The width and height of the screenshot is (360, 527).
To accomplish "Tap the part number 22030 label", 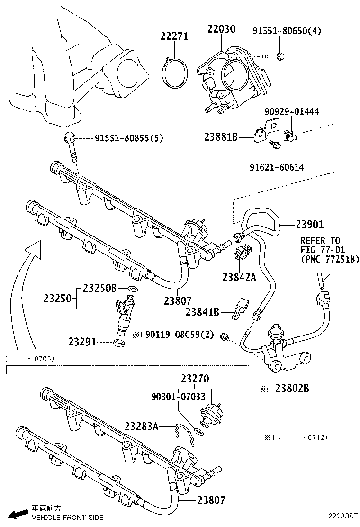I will pos(221,29).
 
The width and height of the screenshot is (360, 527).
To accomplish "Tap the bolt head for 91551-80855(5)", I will pos(70,138).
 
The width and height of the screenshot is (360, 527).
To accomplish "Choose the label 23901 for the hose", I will pos(310,224).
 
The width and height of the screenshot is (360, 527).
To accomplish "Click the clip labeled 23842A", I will pos(239,252).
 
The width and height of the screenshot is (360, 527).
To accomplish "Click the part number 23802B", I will pos(289,388).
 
